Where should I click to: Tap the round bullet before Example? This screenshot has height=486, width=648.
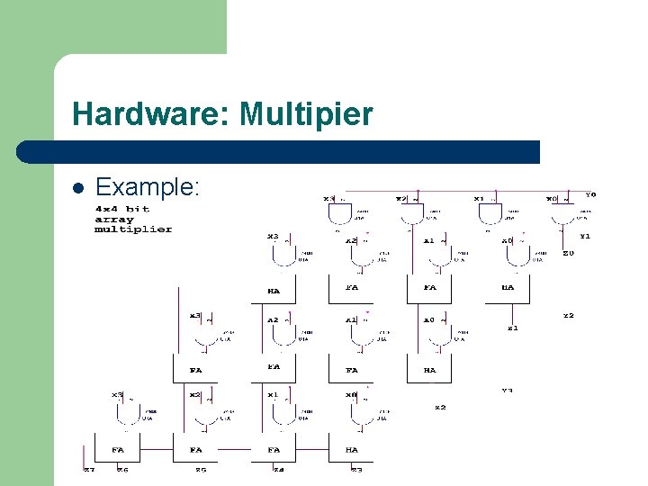[78, 189]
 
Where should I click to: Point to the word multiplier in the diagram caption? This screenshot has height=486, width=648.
[133, 229]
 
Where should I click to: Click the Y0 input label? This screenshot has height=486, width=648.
[590, 194]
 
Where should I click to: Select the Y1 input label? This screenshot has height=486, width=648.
[584, 236]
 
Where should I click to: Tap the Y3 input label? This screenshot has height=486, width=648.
[508, 391]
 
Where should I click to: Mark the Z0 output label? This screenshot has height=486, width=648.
[568, 254]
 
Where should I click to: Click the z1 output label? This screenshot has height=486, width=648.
[512, 328]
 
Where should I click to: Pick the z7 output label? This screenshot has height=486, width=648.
[89, 469]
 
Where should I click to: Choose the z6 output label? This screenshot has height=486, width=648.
[123, 469]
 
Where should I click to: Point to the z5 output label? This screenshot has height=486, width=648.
[201, 469]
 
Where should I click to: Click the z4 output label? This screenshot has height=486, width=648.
[279, 469]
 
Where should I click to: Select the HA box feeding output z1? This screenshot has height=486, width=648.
[508, 287]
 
